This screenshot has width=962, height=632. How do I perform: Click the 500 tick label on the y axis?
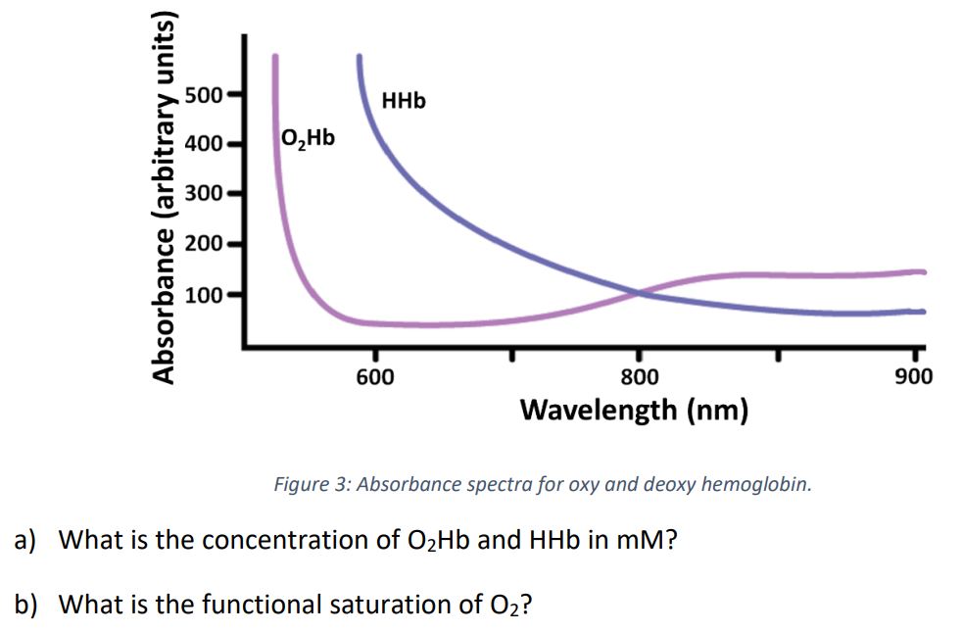coord(204,96)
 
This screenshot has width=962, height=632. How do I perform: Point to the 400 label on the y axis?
coord(204,145)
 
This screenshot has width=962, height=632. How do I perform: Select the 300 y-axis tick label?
coord(204,193)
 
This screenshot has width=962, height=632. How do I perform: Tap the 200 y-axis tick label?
coord(204,242)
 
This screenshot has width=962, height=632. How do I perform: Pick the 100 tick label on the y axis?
coord(204,293)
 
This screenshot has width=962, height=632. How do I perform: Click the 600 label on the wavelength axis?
coord(375,377)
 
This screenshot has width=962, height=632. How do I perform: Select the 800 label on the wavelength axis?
coord(640,377)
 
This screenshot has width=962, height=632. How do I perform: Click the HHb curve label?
coord(404,101)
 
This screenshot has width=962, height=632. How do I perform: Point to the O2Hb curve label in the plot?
coord(307,138)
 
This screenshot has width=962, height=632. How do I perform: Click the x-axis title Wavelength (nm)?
coord(634,409)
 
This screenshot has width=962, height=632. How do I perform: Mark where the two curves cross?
coord(640,292)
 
